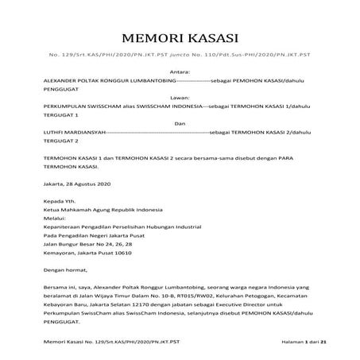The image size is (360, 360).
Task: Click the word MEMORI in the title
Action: click(151, 39)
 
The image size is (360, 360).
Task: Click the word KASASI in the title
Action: click(211, 39)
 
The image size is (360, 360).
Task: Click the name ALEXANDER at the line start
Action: click(62, 82)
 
